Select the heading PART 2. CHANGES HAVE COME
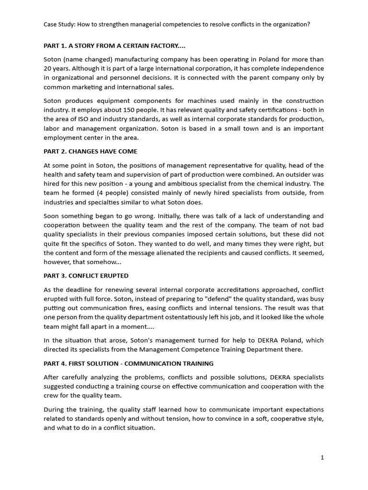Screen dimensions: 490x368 pyautogui.click(x=91, y=151)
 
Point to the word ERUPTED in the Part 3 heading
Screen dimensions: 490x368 pyautogui.click(x=113, y=276)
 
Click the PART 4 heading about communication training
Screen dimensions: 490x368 pyautogui.click(x=128, y=364)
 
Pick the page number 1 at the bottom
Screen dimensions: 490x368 pyautogui.click(x=322, y=457)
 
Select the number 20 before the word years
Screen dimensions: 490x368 pyautogui.click(x=48, y=68)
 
